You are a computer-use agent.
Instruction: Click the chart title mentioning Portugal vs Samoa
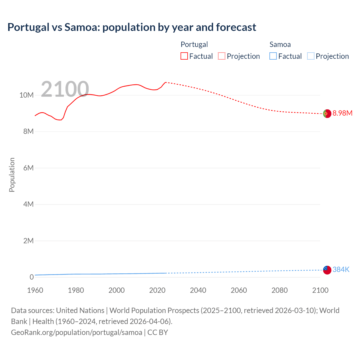[132, 27]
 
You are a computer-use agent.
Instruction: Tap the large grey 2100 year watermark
[65, 89]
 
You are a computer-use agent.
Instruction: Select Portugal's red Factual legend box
[184, 56]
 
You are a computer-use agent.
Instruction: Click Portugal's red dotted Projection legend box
[222, 56]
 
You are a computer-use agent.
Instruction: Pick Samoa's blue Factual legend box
[273, 56]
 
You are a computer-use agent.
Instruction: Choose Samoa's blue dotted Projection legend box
[310, 56]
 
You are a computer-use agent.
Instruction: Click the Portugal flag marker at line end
[327, 114]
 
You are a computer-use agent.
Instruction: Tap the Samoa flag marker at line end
[327, 270]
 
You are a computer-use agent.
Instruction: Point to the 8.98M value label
[342, 113]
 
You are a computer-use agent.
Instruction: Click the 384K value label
[341, 269]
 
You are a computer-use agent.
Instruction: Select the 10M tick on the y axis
[26, 95]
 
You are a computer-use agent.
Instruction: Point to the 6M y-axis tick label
[28, 168]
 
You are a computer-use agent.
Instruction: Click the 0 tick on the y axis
[31, 277]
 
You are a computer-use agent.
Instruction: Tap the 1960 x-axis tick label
[35, 290]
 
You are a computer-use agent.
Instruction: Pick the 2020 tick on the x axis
[157, 290]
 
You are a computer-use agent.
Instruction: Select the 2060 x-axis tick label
[239, 290]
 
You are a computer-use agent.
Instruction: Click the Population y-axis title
[12, 175]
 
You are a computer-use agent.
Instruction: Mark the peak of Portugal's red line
[166, 82]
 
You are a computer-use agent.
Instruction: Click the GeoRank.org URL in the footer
[76, 332]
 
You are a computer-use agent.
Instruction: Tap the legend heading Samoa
[280, 44]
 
